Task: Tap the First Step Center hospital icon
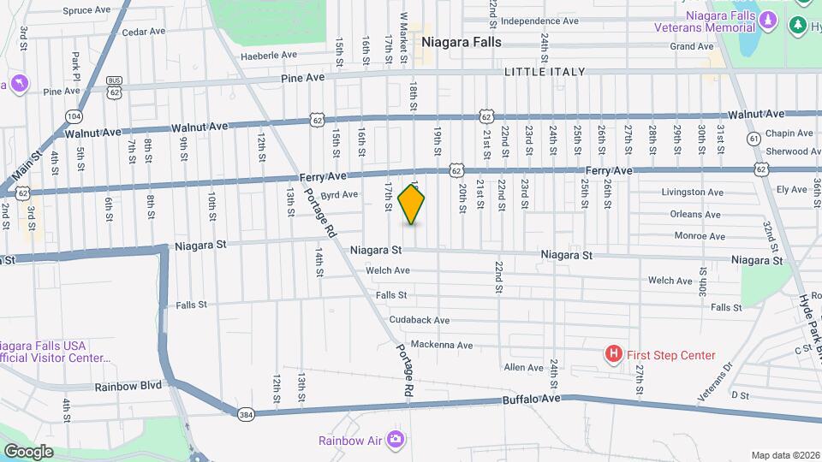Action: [613, 353]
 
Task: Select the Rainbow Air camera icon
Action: [395, 440]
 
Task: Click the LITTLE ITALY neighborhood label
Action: [545, 72]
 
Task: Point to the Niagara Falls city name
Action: [461, 41]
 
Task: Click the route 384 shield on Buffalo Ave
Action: [246, 415]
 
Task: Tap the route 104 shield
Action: [74, 115]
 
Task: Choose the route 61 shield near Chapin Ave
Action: [753, 138]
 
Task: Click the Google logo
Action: [29, 451]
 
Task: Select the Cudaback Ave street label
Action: [419, 320]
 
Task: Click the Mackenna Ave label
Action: [441, 345]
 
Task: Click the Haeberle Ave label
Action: [268, 54]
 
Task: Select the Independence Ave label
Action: [539, 21]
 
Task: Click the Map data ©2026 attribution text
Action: [784, 455]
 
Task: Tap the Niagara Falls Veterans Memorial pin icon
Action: [768, 18]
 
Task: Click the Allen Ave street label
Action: [523, 368]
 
